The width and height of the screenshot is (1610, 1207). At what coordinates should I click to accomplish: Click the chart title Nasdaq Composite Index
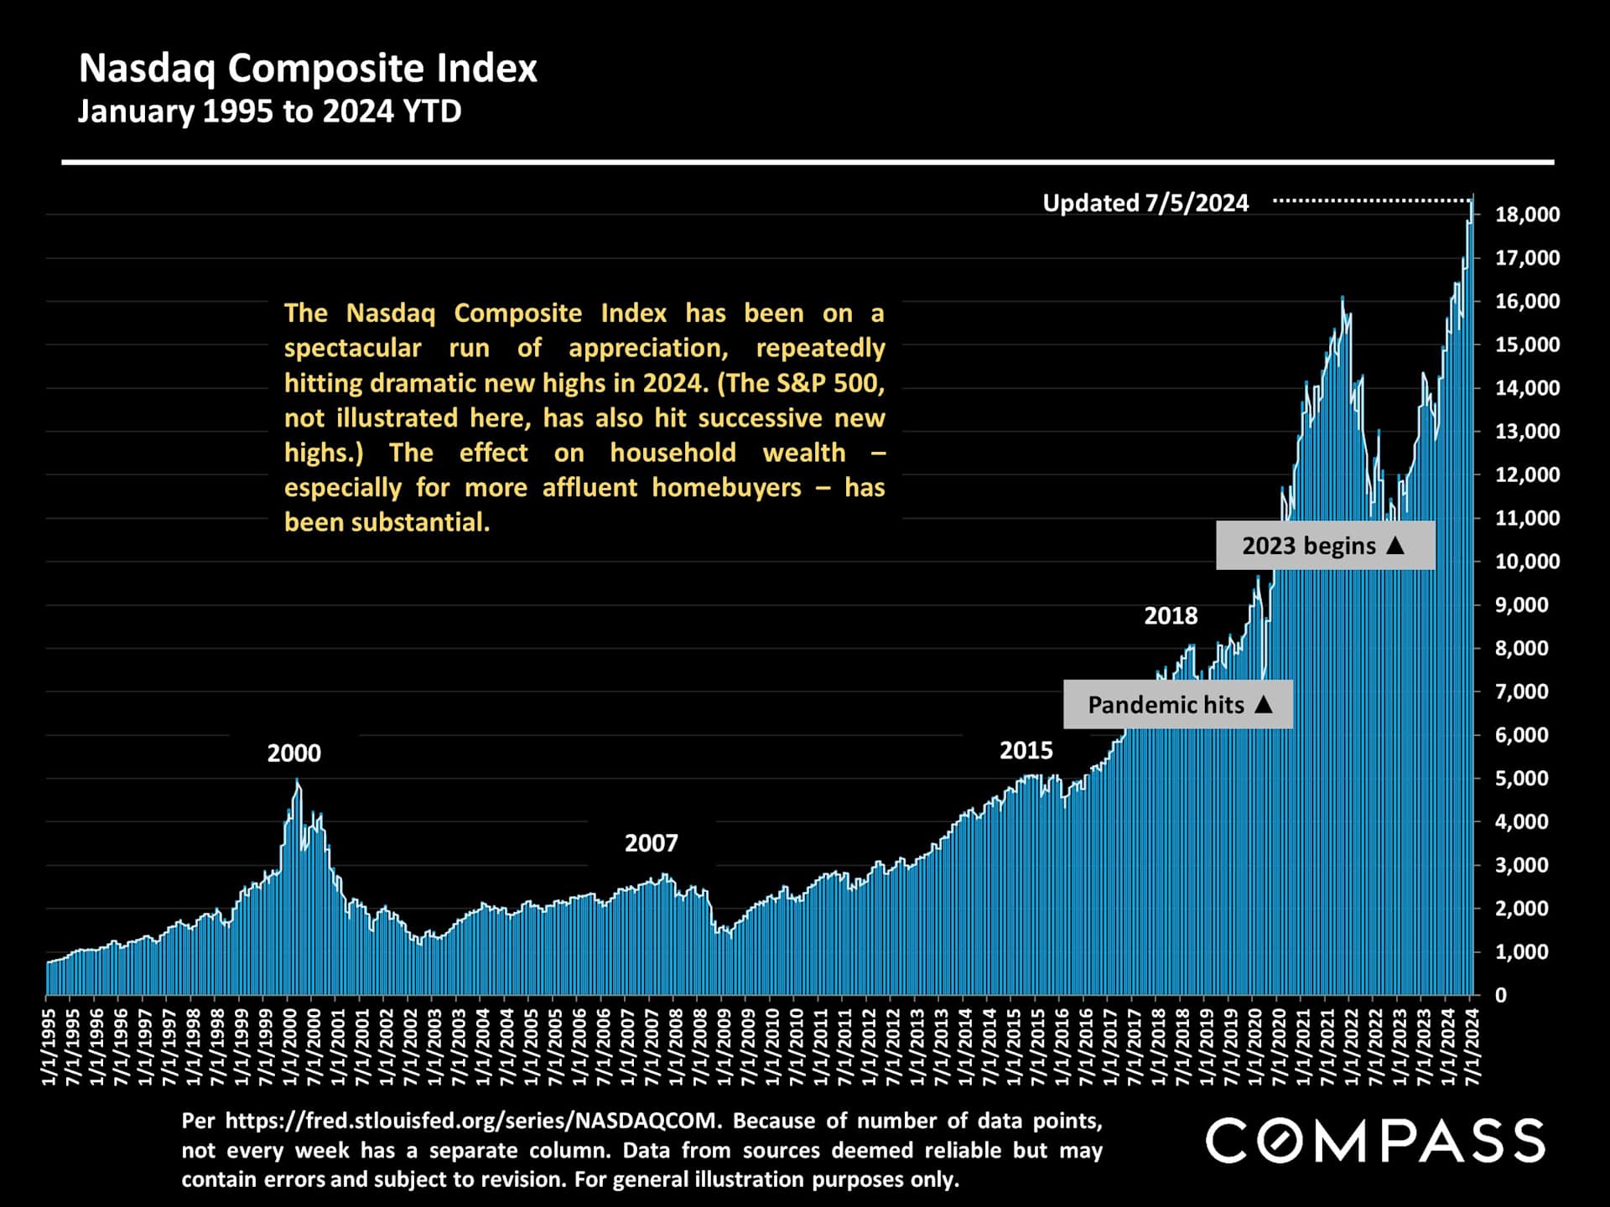tap(308, 69)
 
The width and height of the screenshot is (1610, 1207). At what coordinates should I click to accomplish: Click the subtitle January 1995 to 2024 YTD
tap(269, 111)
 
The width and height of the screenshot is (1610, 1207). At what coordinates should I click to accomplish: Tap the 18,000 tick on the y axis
tap(1527, 215)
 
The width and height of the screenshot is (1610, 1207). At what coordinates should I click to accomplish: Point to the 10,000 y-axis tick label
tap(1527, 562)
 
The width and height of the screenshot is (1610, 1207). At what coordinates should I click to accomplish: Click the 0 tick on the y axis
tap(1501, 996)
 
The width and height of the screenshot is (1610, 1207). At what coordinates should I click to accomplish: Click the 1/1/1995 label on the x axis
tap(49, 1047)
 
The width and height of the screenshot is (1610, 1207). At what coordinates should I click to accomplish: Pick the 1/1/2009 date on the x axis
tap(725, 1047)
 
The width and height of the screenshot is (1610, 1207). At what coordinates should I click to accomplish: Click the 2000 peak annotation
tap(293, 754)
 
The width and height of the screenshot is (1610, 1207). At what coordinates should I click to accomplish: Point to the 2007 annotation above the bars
tap(651, 843)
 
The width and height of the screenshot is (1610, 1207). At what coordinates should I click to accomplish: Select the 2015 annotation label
tap(1026, 751)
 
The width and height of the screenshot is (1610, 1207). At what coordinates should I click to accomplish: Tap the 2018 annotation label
tap(1171, 616)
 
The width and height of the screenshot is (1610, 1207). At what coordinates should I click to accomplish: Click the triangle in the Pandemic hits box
tap(1264, 704)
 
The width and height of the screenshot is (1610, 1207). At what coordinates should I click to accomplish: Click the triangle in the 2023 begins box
tap(1395, 545)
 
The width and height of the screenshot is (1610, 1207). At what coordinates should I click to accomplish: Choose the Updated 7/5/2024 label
tap(1145, 203)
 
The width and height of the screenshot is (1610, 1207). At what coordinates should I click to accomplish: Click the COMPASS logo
tap(1375, 1141)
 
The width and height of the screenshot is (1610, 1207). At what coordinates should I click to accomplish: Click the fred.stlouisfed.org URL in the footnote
tap(471, 1121)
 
